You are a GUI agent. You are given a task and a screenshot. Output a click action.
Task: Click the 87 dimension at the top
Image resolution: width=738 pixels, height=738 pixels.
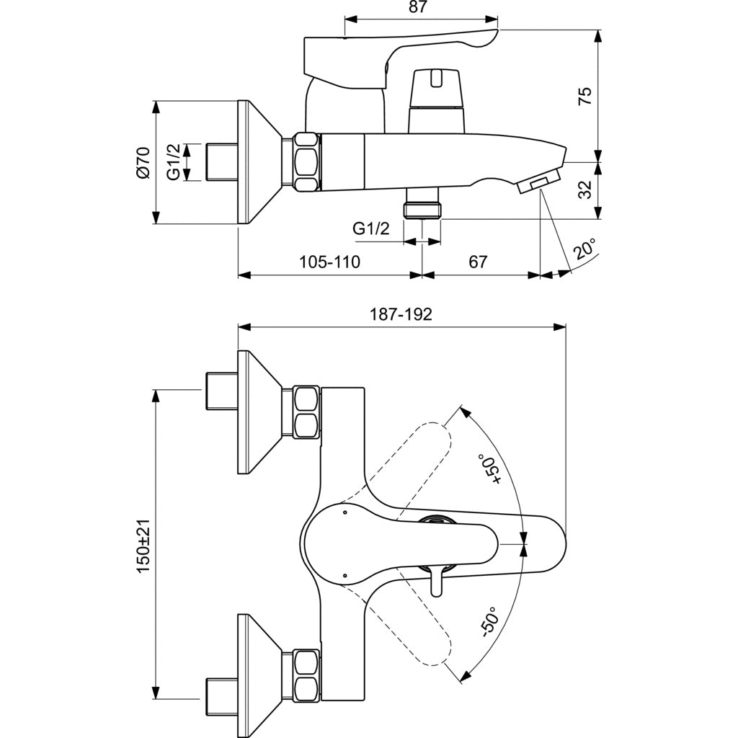(x=417, y=8)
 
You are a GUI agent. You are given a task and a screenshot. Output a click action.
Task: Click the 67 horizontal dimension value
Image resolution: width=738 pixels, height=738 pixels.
(x=478, y=262)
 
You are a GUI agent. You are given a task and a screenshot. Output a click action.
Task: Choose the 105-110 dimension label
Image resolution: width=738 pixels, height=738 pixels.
(x=331, y=262)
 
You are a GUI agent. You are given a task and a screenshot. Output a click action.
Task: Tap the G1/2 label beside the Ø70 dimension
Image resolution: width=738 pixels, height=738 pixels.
(x=174, y=162)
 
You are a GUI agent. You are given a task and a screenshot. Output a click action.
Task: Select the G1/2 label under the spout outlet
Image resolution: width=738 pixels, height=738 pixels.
(x=371, y=229)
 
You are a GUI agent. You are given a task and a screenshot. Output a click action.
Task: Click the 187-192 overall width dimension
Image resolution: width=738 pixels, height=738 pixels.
(x=401, y=314)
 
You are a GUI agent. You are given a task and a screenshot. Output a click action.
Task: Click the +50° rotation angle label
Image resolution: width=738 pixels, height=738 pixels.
(x=493, y=470)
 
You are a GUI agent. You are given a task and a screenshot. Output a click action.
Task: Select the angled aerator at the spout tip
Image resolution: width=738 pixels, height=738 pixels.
(x=539, y=181)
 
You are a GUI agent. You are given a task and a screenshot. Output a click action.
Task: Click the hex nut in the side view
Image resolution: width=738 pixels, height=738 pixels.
(x=306, y=162)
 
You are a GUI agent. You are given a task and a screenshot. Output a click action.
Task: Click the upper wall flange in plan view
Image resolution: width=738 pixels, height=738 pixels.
(x=259, y=412)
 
